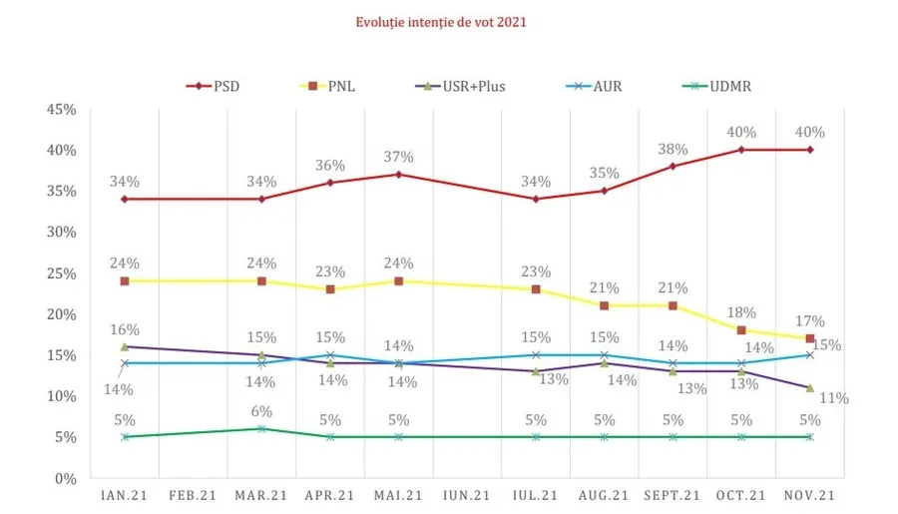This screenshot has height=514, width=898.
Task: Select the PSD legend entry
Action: click(x=213, y=86)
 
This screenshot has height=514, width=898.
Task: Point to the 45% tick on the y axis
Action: click(x=62, y=109)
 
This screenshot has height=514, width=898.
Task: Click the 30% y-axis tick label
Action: click(x=62, y=232)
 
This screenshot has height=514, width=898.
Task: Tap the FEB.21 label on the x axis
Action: click(x=193, y=494)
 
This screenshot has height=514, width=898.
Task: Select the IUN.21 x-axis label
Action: click(x=467, y=494)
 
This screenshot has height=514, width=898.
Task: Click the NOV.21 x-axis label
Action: click(x=809, y=494)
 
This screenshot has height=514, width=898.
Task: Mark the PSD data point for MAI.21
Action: click(x=399, y=175)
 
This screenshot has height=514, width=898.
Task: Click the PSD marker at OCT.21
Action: click(x=741, y=150)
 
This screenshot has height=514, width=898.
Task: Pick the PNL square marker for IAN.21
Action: click(x=125, y=281)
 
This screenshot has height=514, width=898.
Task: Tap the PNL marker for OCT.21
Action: click(x=741, y=330)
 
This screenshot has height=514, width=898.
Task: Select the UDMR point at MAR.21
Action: click(x=261, y=429)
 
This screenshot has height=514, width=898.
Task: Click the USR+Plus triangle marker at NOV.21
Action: click(x=809, y=388)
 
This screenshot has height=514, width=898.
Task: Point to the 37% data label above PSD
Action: click(x=399, y=157)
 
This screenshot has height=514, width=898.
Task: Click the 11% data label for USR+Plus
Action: click(x=834, y=398)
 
